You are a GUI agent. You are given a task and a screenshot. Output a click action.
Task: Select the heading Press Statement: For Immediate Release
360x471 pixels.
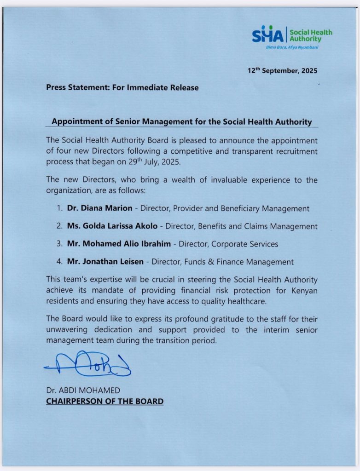pos(122,87)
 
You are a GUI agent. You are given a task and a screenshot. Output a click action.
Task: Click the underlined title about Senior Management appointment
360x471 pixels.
pos(182,122)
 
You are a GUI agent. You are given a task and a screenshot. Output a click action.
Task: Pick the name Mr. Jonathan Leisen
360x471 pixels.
pos(106,262)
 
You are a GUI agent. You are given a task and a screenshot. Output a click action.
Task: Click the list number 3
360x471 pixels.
pos(59,244)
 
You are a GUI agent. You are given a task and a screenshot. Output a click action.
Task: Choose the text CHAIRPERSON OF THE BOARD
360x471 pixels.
pos(105,401)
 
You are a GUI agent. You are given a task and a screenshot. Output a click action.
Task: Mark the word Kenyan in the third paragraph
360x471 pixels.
pos(304,291)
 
